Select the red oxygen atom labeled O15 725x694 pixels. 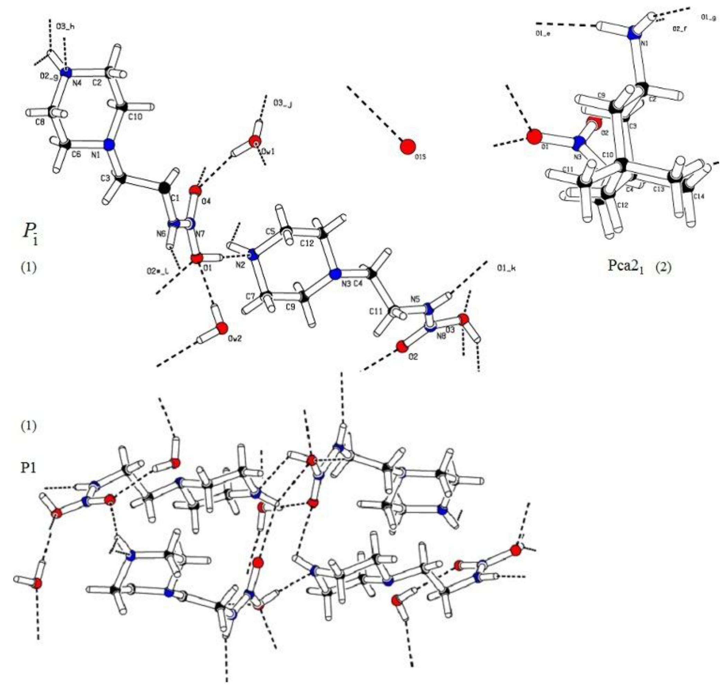coord(408,146)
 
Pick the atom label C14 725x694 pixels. coord(698,196)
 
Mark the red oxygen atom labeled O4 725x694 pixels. coord(196,191)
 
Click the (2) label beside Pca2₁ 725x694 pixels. coord(663,267)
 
